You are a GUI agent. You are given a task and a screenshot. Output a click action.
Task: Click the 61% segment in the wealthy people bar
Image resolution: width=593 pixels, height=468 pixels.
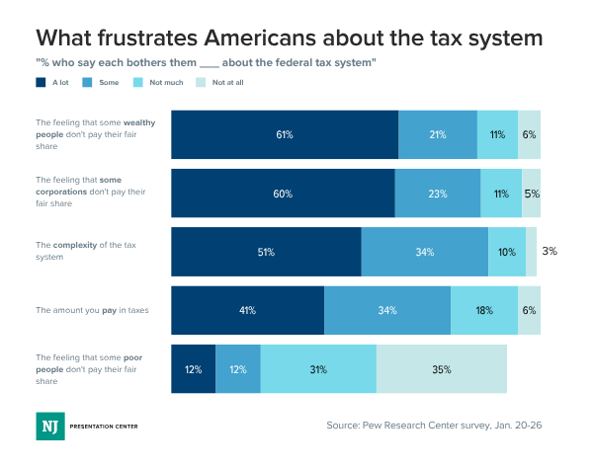(285, 134)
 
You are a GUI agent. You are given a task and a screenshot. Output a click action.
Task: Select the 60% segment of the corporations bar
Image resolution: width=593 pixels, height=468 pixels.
(283, 193)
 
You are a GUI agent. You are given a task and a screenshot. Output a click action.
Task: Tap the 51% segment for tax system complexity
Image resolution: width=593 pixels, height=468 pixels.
(266, 252)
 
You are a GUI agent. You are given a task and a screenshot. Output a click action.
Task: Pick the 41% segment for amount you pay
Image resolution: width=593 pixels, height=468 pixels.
(247, 310)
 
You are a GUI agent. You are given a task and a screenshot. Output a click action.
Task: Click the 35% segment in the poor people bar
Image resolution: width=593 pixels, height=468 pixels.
(441, 369)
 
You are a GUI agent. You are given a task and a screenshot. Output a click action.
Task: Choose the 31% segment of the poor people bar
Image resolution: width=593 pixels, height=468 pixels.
(318, 369)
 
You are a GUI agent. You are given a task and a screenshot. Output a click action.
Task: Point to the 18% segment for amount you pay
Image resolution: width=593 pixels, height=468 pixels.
(484, 310)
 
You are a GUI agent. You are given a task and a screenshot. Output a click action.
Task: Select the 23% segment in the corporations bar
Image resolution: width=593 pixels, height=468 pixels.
(438, 193)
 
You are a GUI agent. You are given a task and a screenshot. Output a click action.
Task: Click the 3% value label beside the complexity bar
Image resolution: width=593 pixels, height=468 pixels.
(550, 251)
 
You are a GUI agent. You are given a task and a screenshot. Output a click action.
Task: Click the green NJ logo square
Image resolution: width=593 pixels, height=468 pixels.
(47, 426)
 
